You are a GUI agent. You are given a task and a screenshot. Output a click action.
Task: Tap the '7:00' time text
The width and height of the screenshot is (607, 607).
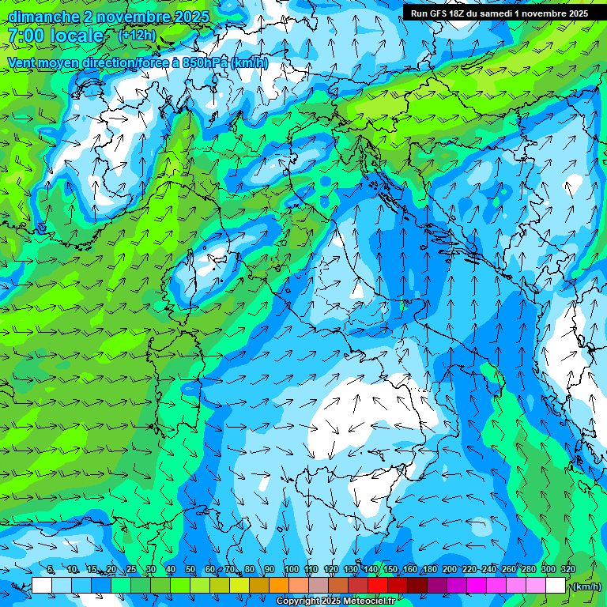pyautogui.click(x=25, y=36)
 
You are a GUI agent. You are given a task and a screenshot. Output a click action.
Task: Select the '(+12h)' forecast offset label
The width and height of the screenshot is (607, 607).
pyautogui.click(x=137, y=35)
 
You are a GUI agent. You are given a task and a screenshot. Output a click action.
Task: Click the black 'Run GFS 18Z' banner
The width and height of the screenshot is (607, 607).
pyautogui.click(x=499, y=13)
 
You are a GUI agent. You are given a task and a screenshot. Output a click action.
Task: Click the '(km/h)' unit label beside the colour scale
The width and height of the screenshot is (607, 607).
pyautogui.click(x=586, y=586)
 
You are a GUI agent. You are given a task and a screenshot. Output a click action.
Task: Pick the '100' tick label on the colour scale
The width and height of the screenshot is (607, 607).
pyautogui.click(x=291, y=569)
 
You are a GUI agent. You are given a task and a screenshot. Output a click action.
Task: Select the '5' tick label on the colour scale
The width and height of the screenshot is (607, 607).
pyautogui.click(x=51, y=569)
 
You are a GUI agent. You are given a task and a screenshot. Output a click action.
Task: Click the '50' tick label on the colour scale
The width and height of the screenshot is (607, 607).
pyautogui.click(x=190, y=569)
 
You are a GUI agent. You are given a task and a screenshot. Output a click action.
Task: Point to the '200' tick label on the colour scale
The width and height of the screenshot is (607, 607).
pyautogui.click(x=449, y=569)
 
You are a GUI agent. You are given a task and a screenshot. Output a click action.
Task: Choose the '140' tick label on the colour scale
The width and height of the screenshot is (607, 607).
pyautogui.click(x=371, y=569)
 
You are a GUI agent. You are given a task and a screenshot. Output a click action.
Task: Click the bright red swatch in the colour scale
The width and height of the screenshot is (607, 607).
pyautogui.click(x=378, y=586)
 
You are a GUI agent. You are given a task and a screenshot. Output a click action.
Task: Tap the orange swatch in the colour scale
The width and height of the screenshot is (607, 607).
pyautogui.click(x=279, y=586)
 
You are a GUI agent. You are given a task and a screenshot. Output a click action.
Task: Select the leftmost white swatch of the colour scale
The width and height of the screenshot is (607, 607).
pyautogui.click(x=42, y=586)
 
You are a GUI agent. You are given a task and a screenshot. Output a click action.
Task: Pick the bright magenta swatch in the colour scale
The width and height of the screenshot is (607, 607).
pyautogui.click(x=477, y=586)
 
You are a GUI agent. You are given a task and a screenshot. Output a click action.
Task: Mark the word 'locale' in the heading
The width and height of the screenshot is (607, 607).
pyautogui.click(x=76, y=36)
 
